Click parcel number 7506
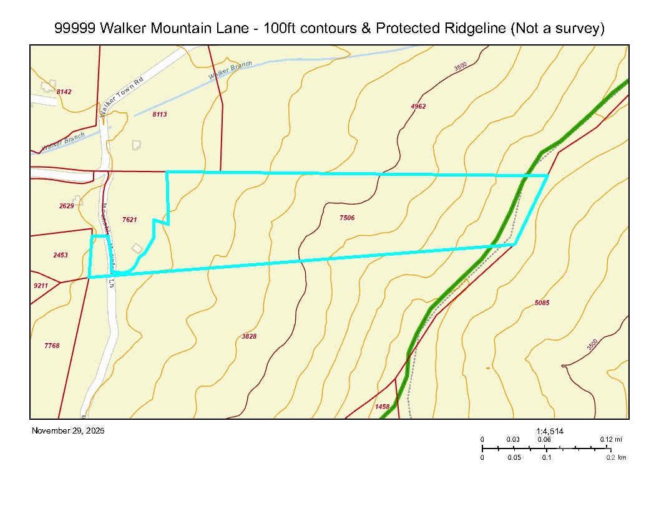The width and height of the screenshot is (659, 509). click(x=347, y=218)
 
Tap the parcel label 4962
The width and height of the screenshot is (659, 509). click(x=418, y=107)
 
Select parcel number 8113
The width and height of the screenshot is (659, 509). click(x=160, y=115)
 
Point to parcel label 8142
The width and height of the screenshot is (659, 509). click(x=64, y=92)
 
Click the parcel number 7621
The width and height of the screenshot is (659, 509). click(x=130, y=220)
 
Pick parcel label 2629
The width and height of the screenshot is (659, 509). click(x=67, y=206)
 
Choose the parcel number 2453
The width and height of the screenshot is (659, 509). click(x=61, y=255)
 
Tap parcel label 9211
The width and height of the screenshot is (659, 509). click(x=41, y=286)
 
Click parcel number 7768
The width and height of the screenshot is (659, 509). click(x=52, y=346)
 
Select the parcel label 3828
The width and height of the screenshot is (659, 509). click(x=249, y=337)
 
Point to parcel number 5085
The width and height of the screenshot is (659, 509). click(x=542, y=303)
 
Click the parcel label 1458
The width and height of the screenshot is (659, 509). click(x=383, y=407)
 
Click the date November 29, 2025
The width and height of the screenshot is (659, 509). click(x=68, y=431)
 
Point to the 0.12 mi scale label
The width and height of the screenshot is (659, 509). click(x=611, y=440)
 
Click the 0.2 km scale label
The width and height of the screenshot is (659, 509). click(x=616, y=458)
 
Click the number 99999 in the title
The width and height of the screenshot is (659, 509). click(x=75, y=29)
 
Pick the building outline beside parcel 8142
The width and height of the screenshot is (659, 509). click(x=47, y=86)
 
